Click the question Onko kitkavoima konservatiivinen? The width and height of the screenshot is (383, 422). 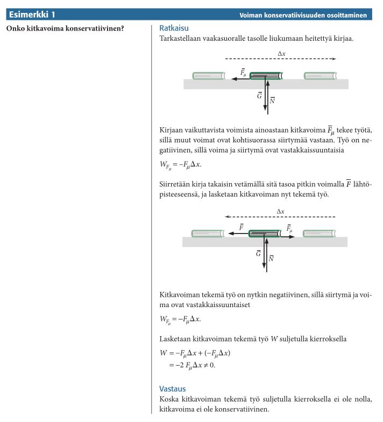[x=65, y=28]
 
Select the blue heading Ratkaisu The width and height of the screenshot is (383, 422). [x=174, y=27]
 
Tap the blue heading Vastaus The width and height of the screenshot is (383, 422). [x=172, y=388]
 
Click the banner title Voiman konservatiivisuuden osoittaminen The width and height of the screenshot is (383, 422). [x=303, y=16]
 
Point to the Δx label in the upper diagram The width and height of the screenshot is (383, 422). [x=281, y=53]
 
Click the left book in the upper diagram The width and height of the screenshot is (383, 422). [x=209, y=76]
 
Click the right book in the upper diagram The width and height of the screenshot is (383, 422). [x=321, y=76]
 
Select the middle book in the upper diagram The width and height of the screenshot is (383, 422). [x=266, y=76]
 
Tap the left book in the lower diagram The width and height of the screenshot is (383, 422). [x=208, y=234]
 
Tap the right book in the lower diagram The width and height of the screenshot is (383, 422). [x=320, y=234]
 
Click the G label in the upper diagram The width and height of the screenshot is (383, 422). [x=259, y=96]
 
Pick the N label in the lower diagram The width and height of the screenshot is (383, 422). [x=271, y=258]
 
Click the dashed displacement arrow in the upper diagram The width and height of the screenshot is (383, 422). [x=280, y=59]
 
